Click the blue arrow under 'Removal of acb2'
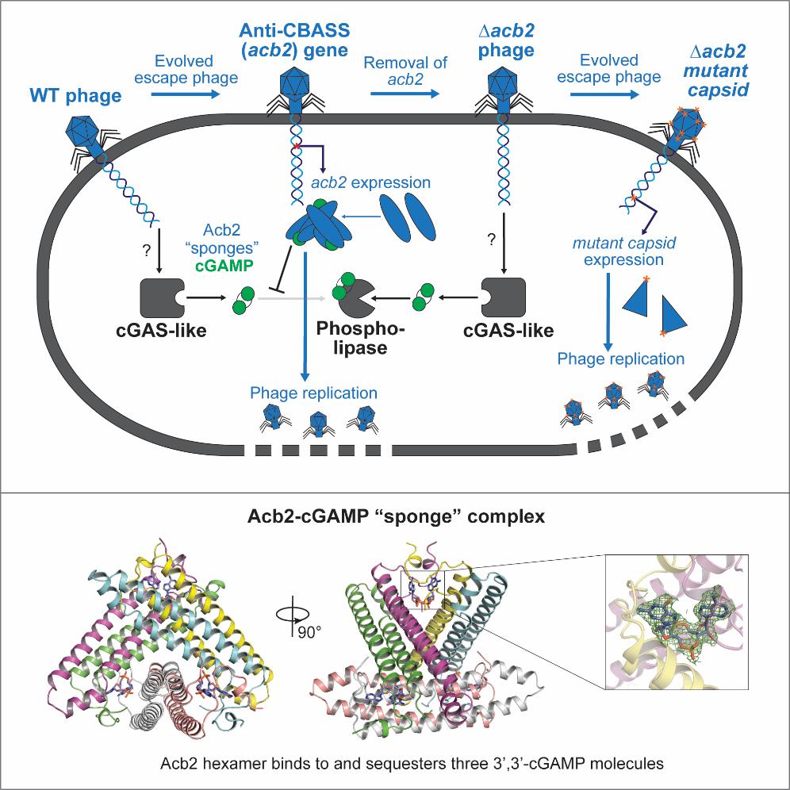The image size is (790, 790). (x=405, y=94)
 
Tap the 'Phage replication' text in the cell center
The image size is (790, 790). (x=313, y=392)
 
